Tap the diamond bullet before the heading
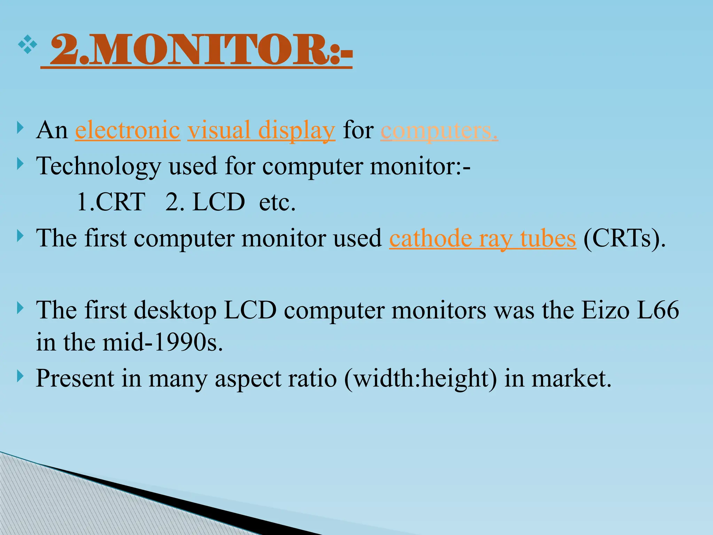tap(28, 44)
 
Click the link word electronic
tap(128, 130)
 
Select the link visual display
tap(261, 130)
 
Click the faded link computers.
tap(439, 131)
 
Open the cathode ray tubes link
tap(483, 239)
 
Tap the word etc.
tap(277, 202)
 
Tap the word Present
tap(75, 378)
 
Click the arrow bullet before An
tap(21, 128)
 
